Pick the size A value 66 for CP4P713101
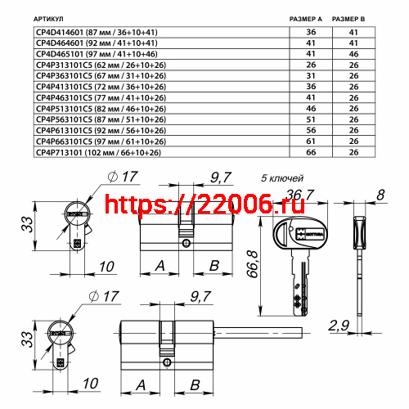(310, 152)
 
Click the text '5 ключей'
(282, 178)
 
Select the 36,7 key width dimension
(299, 193)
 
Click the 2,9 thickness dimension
(339, 326)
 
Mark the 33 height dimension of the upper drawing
(27, 221)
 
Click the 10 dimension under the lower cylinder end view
(91, 383)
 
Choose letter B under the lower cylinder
(196, 384)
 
